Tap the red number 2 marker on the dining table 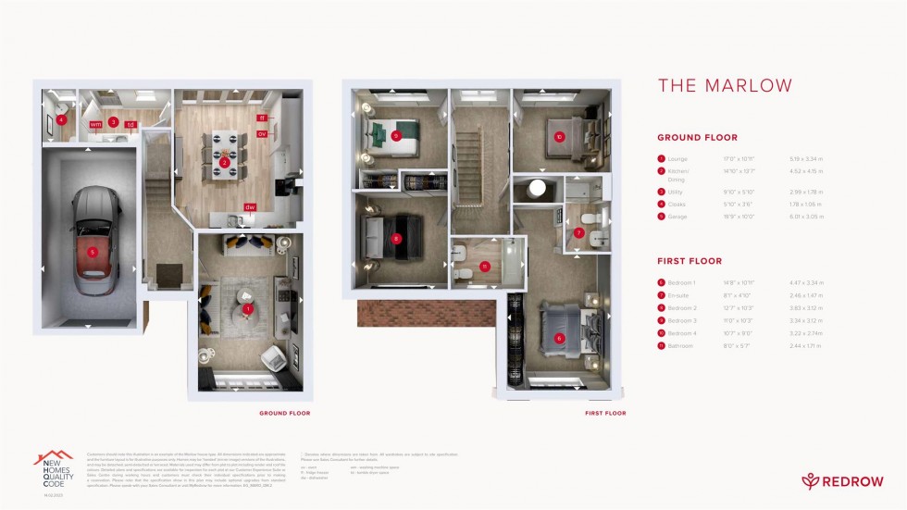(x=224, y=164)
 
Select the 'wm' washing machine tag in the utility (x=95, y=123)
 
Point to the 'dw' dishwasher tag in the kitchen (x=250, y=207)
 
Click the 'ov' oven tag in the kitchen (x=262, y=133)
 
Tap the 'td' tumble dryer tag (x=130, y=123)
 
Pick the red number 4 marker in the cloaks (x=61, y=119)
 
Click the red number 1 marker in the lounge (x=248, y=309)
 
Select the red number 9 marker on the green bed (x=395, y=136)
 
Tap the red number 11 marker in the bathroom (x=484, y=267)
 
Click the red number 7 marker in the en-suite (x=579, y=232)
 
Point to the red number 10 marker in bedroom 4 (x=559, y=136)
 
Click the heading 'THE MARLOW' (x=725, y=86)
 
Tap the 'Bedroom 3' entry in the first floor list (x=683, y=320)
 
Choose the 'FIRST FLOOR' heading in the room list (x=690, y=262)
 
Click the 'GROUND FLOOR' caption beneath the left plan (x=285, y=414)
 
